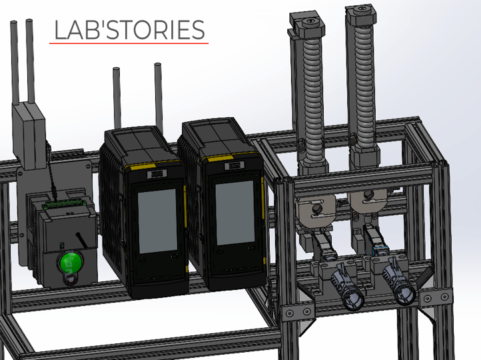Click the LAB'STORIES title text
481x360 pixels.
tap(129, 30)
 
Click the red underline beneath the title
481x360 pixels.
tap(129, 43)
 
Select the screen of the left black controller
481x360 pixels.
tap(157, 221)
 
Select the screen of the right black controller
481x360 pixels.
tap(235, 213)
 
